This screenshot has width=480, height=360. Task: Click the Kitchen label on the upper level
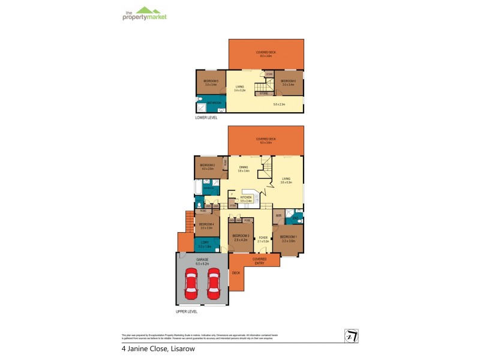(246, 198)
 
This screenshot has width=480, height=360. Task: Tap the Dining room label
(244, 169)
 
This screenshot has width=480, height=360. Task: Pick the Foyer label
(263, 239)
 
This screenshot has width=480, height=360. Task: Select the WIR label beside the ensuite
(279, 215)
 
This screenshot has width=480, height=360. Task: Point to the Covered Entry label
(259, 260)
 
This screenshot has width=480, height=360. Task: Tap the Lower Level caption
(207, 118)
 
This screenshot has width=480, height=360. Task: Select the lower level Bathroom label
(214, 103)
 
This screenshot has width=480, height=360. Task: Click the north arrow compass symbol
(350, 337)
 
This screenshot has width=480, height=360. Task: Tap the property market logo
(145, 14)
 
